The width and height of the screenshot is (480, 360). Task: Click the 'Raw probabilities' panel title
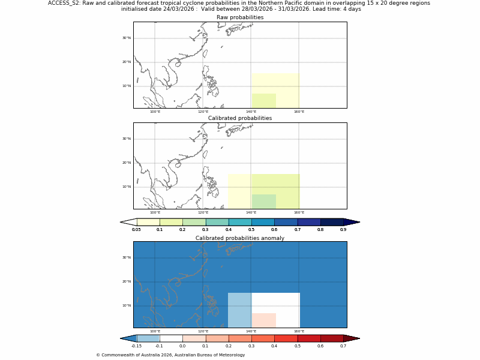pos(240,17)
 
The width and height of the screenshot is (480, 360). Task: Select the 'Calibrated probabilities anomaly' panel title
pos(240,238)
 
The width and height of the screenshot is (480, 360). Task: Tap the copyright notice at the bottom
pos(170,355)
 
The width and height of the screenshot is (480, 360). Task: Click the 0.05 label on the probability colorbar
pos(137,229)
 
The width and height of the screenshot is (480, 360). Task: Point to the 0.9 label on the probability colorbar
pos(343,229)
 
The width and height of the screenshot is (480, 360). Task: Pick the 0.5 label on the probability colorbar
pos(251,229)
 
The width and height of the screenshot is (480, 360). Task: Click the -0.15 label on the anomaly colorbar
pos(137,346)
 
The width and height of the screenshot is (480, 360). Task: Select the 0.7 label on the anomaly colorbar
pos(343,346)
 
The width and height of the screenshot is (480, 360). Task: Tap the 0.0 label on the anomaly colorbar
pos(182,346)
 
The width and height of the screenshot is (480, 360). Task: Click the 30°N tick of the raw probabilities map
pos(127,38)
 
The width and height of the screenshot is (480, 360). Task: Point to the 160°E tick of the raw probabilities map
pos(299,112)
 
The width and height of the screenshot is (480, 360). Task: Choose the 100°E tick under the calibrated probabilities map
pos(155,212)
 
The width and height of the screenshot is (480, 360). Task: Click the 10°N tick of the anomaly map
pos(127,305)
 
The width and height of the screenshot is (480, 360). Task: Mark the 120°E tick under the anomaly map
pos(203,331)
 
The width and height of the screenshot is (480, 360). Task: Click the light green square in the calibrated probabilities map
pos(264,202)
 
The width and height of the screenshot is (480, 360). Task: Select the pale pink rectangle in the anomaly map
pos(264,320)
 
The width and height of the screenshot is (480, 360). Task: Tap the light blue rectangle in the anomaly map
pos(240,310)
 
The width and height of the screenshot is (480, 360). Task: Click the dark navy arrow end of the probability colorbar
pos(351,222)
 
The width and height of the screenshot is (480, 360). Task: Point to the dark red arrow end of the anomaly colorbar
pos(351,338)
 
